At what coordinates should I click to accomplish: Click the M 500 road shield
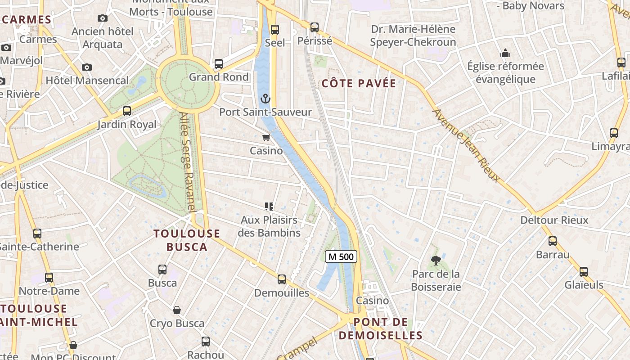(341, 256)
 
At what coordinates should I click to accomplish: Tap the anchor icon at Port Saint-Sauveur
(266, 99)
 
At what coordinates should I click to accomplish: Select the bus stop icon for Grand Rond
(219, 64)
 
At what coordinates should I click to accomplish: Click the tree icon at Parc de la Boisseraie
(436, 260)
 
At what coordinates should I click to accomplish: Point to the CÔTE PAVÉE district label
(359, 83)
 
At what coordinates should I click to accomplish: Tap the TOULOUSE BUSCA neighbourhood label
(187, 240)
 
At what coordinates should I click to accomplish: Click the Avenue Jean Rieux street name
(466, 145)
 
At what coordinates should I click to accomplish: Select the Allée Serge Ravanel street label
(188, 162)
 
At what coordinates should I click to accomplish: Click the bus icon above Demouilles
(282, 279)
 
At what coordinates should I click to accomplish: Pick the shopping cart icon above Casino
(266, 137)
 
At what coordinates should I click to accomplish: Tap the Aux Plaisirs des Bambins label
(269, 226)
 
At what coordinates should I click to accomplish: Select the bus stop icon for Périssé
(315, 27)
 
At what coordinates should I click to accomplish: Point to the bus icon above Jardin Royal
(127, 111)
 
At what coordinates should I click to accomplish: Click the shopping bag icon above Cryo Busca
(177, 310)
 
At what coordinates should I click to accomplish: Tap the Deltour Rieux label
(554, 220)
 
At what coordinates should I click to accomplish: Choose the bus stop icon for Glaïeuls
(584, 272)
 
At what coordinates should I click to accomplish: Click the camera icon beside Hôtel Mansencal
(87, 67)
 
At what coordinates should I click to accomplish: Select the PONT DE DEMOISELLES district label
(381, 328)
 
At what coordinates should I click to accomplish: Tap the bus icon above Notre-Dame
(49, 278)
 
